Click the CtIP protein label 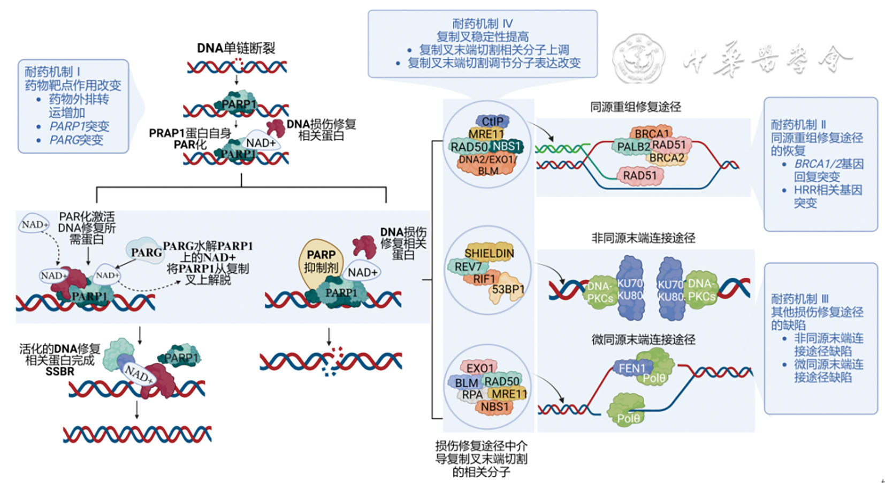492,122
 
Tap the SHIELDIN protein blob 489,253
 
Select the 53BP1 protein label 508,289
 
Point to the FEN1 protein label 632,368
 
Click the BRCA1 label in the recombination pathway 652,133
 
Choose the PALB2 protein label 633,146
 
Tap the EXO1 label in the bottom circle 480,368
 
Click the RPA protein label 472,395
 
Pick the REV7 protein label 468,267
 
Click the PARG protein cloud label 146,252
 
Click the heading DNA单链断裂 236,48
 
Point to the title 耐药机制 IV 482,24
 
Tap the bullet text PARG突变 76,140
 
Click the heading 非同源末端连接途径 643,238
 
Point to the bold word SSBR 60,372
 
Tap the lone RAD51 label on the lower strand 639,175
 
